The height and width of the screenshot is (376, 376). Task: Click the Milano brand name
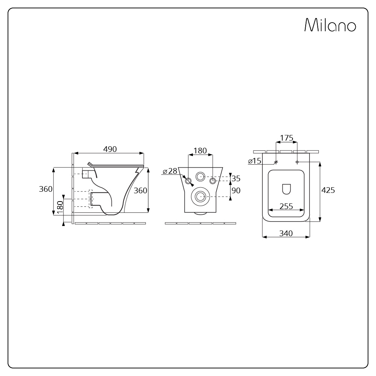click(330, 25)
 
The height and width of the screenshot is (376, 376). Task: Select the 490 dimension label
click(110, 149)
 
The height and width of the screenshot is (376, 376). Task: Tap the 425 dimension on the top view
click(328, 190)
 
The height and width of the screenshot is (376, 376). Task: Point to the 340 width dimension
click(286, 233)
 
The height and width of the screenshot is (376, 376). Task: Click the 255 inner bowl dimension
click(286, 206)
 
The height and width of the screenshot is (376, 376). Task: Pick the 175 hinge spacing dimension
click(287, 138)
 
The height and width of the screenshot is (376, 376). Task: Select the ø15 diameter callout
click(255, 161)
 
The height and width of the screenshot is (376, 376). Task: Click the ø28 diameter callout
click(170, 171)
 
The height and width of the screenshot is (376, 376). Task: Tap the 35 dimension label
click(236, 178)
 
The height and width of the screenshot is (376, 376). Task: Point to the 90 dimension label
click(236, 190)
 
